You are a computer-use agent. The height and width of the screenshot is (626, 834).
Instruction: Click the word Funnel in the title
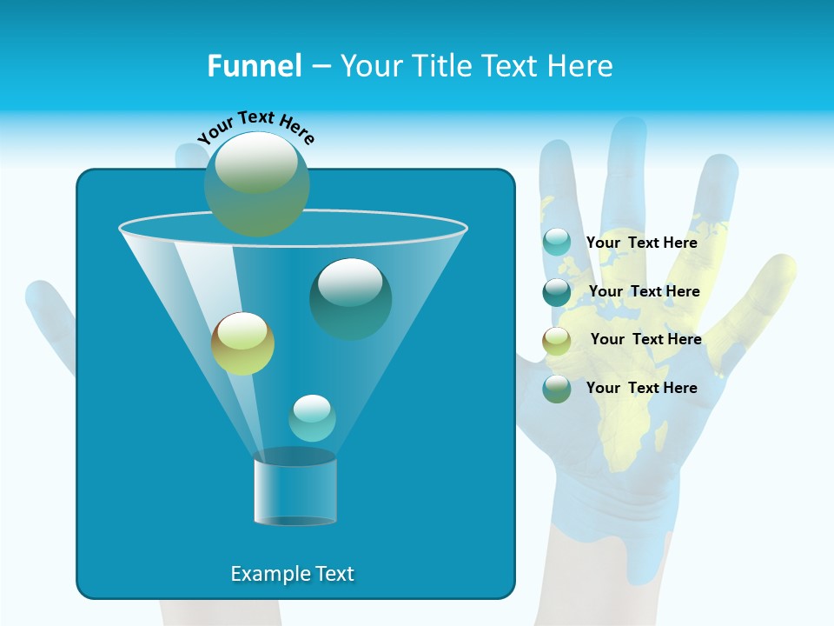click(255, 66)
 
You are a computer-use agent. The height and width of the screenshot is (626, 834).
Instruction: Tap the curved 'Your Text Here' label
click(256, 127)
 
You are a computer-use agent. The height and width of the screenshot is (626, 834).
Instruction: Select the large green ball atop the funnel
click(257, 183)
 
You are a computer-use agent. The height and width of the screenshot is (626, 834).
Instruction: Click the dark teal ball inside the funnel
click(351, 298)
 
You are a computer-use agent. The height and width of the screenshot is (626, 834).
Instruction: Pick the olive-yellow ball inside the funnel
click(243, 343)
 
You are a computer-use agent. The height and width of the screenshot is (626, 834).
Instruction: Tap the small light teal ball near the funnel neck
click(312, 418)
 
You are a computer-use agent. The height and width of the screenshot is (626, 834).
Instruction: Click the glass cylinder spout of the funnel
click(295, 489)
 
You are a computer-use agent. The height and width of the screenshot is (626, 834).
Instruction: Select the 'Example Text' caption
click(293, 574)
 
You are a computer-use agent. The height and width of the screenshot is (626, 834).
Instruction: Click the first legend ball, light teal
click(557, 243)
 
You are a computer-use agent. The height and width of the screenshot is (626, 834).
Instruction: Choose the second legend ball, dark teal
click(557, 292)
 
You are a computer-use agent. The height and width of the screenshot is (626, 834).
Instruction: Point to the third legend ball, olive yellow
click(557, 341)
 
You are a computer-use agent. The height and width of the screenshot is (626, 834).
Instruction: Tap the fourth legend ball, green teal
click(557, 389)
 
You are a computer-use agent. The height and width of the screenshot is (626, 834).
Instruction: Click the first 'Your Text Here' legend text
click(642, 243)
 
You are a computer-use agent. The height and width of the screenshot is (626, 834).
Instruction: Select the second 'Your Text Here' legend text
click(644, 291)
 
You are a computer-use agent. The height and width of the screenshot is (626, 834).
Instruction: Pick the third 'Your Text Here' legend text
click(646, 339)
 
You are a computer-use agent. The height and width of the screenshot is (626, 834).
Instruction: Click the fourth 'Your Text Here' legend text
click(642, 388)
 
